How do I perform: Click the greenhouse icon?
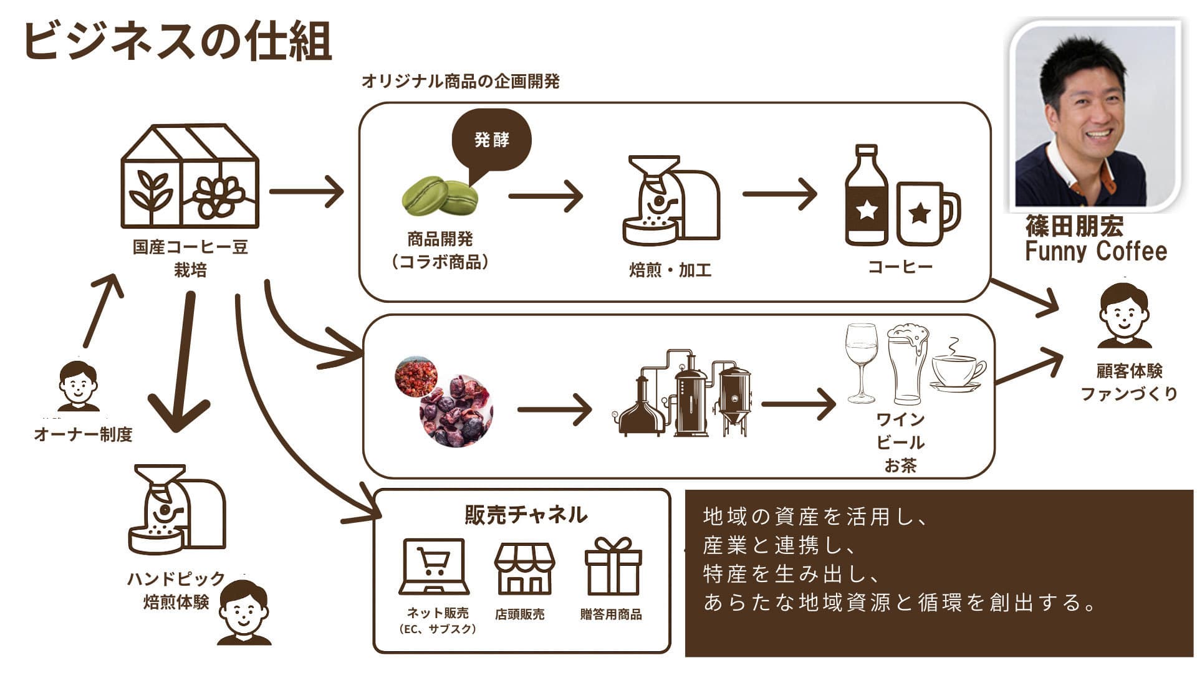189,176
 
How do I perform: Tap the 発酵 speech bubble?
491,140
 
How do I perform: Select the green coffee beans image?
440,195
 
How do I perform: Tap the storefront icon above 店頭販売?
524,567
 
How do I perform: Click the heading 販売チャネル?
526,515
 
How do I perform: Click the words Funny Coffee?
1095,251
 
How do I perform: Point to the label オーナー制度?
84,434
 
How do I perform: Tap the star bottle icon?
867,196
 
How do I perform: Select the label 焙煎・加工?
670,270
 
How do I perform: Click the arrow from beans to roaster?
545,196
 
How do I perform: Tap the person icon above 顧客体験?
1123,315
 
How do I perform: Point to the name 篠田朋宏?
1074,227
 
